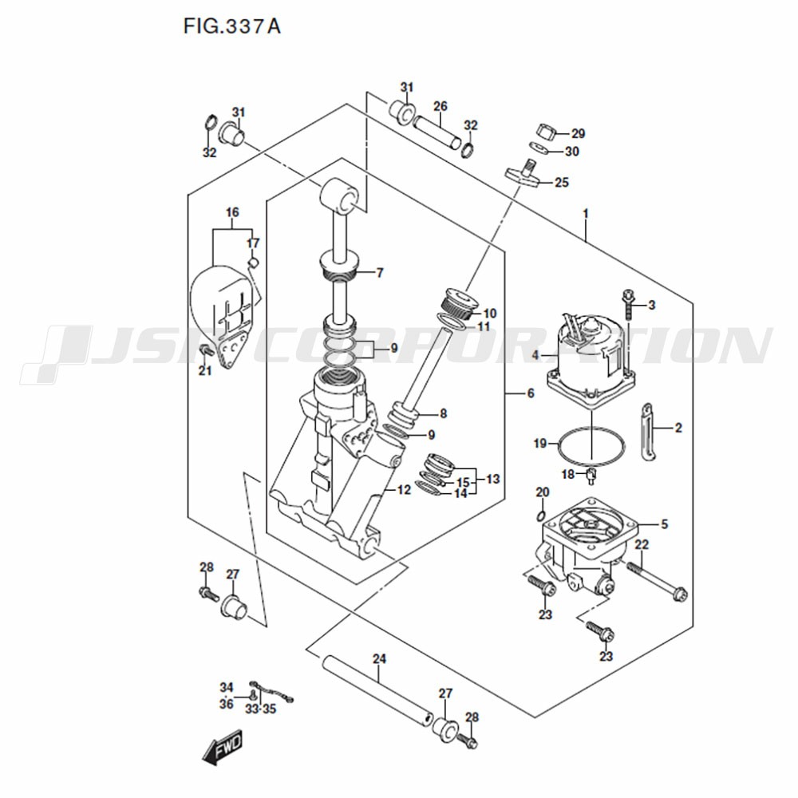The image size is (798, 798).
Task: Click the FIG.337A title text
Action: coord(231,26)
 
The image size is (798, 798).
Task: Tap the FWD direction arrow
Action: coord(223,749)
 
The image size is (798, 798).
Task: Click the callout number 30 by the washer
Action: coord(572,152)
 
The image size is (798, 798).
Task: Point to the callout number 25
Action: coord(562,182)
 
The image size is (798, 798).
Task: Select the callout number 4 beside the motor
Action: coord(535,355)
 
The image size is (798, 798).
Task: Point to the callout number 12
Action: coord(404,490)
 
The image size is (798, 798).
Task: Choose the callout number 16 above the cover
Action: coord(232,212)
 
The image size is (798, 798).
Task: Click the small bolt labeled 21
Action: coord(207,350)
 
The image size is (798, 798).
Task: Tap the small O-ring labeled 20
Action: coord(541,516)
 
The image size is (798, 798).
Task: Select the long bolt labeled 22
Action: coord(657,580)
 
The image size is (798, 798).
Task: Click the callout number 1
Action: coord(586,214)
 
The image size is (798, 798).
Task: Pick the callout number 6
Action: coord(531,393)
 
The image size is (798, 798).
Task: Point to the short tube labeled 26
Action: coord(437,132)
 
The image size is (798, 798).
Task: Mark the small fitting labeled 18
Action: coord(591,476)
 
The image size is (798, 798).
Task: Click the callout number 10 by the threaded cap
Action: coord(490,313)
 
